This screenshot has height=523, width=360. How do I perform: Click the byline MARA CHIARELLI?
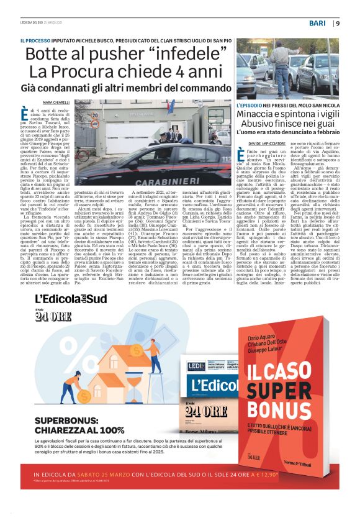pyautogui.click(x=56, y=102)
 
